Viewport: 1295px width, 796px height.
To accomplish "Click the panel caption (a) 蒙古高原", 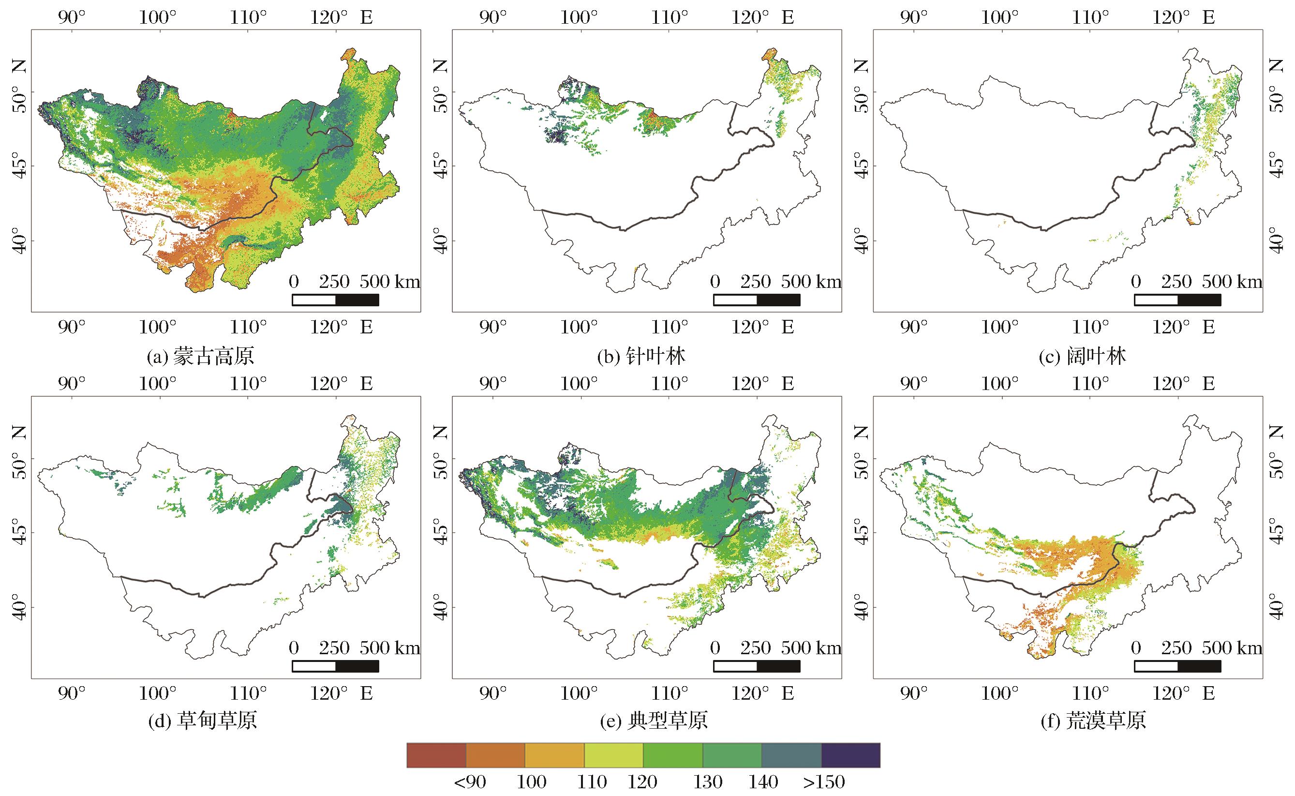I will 200,357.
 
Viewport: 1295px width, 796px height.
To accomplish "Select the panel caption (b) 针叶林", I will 641,357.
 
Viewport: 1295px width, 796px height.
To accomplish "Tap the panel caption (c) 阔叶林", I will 1083,357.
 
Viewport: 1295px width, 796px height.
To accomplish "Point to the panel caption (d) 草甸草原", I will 202,720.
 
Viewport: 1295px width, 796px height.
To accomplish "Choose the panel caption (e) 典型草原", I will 654,720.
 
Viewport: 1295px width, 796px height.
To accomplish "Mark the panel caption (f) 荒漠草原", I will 1093,720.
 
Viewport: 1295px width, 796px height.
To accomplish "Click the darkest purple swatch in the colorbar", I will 850,755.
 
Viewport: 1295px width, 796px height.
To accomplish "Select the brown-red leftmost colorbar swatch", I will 436,755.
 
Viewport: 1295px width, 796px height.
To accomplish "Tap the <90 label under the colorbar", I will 470,782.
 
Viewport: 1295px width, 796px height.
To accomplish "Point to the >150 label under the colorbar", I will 824,782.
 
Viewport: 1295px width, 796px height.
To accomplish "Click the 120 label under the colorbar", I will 642,782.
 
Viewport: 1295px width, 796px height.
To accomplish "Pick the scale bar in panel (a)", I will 335,300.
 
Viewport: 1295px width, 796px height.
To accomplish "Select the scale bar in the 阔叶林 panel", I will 1177,300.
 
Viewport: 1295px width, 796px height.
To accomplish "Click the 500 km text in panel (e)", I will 811,647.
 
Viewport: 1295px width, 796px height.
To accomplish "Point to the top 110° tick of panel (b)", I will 670,17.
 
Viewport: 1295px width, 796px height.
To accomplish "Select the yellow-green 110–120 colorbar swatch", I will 613,755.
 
